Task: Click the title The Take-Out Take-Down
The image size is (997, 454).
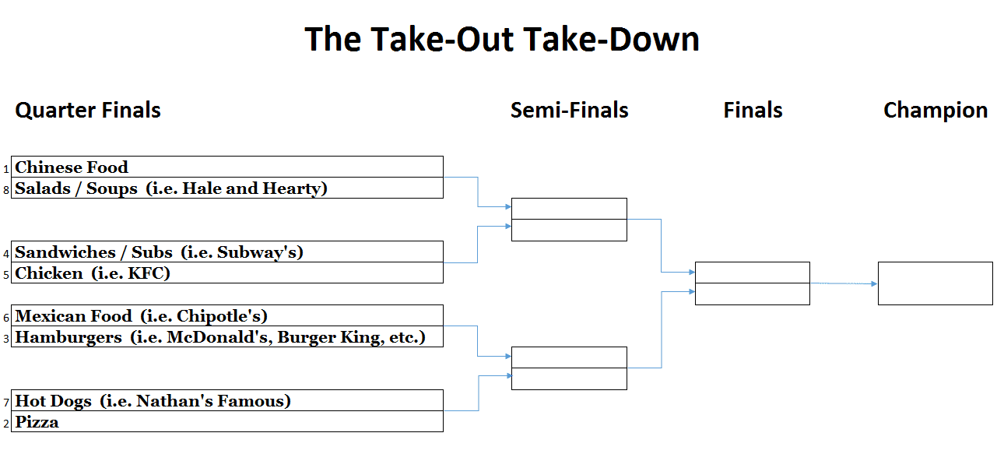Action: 502,39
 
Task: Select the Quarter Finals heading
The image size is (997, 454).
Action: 88,110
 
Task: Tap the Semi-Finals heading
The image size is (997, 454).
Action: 569,110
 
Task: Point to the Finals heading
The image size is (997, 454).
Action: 753,110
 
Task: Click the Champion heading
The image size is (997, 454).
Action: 936,111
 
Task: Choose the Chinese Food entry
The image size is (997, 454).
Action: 72,167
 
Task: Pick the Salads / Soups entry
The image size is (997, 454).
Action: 171,188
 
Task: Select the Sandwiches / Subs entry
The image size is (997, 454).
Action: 159,252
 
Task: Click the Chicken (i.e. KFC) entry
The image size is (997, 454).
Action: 93,273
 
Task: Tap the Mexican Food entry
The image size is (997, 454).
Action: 141,316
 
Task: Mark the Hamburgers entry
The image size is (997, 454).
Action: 220,337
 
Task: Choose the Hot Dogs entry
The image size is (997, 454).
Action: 153,401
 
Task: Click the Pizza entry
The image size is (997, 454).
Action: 37,422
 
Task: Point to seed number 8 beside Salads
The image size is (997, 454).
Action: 6,190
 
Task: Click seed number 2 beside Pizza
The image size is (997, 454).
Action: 6,424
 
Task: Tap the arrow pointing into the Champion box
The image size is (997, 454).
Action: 844,283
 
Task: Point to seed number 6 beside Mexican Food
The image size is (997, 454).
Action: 6,319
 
